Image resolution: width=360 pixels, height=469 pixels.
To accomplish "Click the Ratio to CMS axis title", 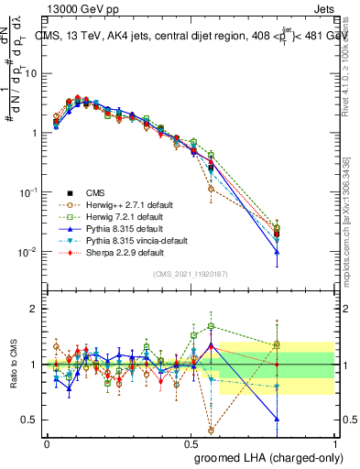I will point(13,365).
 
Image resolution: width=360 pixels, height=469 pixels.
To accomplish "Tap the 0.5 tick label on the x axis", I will point(191,442).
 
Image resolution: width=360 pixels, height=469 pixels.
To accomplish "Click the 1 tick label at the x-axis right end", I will point(334,442).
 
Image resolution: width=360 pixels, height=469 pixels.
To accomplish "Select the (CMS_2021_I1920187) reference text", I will point(190,273).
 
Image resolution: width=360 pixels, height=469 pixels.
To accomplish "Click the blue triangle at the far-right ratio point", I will point(277,419).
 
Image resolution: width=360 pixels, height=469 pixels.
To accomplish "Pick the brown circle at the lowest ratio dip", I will point(212,430).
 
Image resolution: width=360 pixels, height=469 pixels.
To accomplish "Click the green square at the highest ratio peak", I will point(212,326).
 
